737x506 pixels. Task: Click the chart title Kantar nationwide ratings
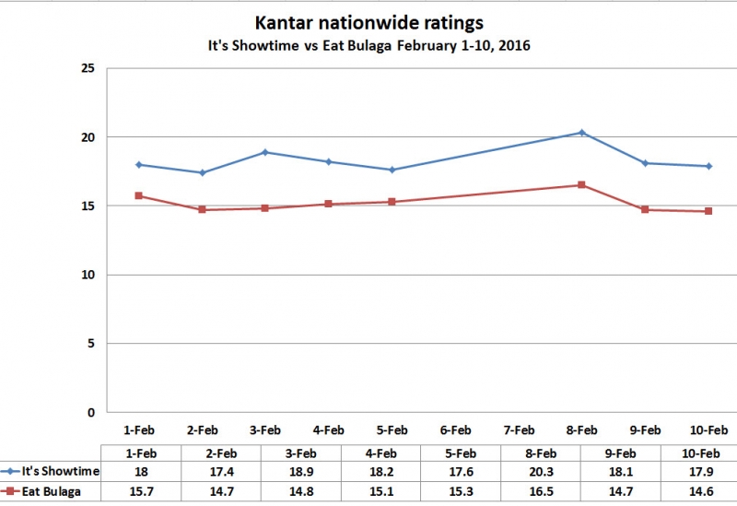pos(368,22)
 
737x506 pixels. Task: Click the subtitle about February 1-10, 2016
pos(368,45)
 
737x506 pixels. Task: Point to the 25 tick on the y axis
pos(88,68)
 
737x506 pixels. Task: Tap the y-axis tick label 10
pos(88,275)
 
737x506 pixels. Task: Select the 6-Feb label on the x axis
pos(455,430)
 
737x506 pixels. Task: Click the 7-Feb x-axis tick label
pos(519,430)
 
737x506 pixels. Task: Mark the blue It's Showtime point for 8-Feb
pos(582,133)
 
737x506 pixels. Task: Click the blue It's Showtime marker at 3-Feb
pos(265,152)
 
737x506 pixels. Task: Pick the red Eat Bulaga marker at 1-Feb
pos(138,195)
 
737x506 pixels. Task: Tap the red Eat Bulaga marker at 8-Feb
pos(582,185)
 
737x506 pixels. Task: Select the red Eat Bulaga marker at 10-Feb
pos(708,211)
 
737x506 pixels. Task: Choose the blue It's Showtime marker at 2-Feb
pos(202,172)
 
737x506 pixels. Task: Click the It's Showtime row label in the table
pos(61,472)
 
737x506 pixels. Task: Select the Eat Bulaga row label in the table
pos(53,491)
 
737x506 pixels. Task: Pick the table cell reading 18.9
pos(301,472)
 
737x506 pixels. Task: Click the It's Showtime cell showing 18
pos(143,472)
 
